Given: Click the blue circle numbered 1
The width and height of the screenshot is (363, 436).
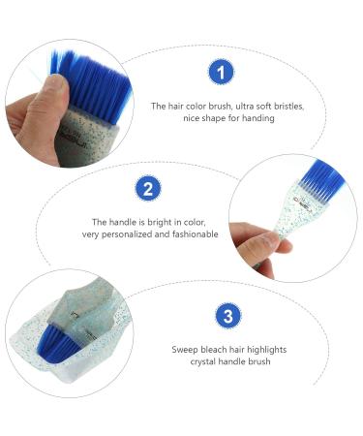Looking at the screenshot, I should [x=222, y=73].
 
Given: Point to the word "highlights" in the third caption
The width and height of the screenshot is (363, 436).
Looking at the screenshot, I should [x=266, y=350].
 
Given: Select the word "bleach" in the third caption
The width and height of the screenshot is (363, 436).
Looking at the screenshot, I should [x=216, y=350].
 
